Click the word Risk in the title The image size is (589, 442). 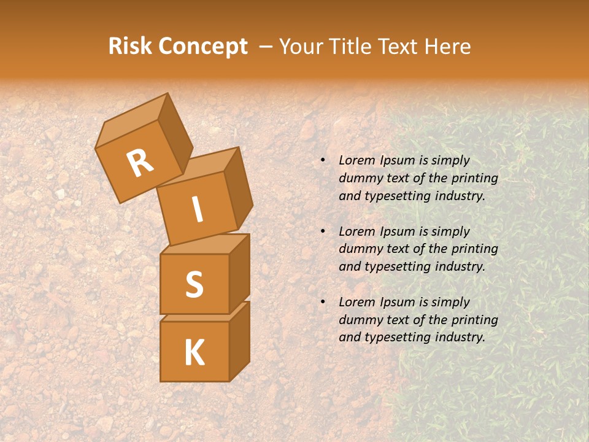[x=131, y=47]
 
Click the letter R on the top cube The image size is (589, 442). [x=140, y=164]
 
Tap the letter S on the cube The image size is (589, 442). [x=194, y=285]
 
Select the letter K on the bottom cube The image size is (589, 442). [x=194, y=352]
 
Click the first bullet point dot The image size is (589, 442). [x=322, y=161]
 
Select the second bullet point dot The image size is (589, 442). [x=322, y=231]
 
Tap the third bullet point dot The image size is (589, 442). [x=322, y=302]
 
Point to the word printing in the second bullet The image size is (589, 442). [x=474, y=249]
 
